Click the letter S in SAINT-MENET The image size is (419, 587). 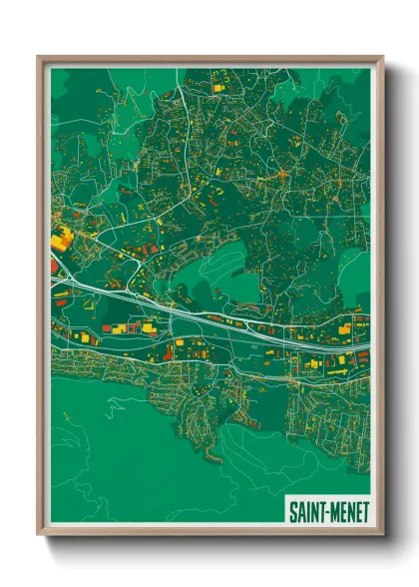[293, 512]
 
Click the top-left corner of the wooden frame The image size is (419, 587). [39, 57]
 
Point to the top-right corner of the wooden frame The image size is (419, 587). [382, 57]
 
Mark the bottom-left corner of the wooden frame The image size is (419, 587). [39, 536]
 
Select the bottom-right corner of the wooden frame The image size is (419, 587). [382, 536]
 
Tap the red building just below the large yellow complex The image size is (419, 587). [55, 267]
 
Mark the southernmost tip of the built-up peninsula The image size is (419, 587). [211, 462]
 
